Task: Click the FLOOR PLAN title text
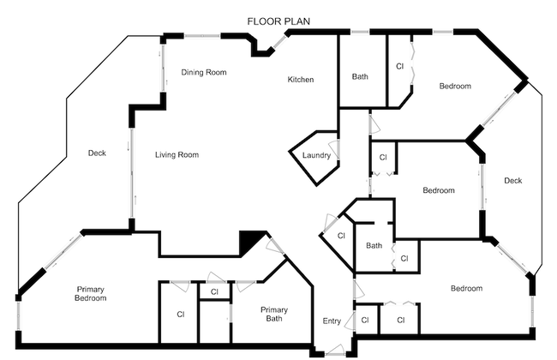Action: coord(278,21)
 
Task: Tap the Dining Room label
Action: coord(204,73)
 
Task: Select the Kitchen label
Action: coord(301,80)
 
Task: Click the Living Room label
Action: coord(177,155)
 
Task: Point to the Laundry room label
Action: coord(316,155)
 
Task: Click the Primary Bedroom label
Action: coord(91,294)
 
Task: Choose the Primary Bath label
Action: coord(275,315)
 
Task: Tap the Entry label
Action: coord(332,321)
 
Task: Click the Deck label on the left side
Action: coord(97,154)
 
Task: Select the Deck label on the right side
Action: coord(512,181)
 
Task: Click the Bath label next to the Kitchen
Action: coord(360,77)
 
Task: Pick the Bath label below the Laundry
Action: coord(374,246)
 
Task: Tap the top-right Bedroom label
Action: coord(455,87)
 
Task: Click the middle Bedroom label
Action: coord(438,190)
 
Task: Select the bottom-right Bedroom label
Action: coord(466,289)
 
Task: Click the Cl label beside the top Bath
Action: coord(399,66)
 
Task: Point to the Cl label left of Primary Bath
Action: coord(181,315)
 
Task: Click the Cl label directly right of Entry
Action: coord(365,321)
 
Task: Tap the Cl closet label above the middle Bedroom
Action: coord(383,158)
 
